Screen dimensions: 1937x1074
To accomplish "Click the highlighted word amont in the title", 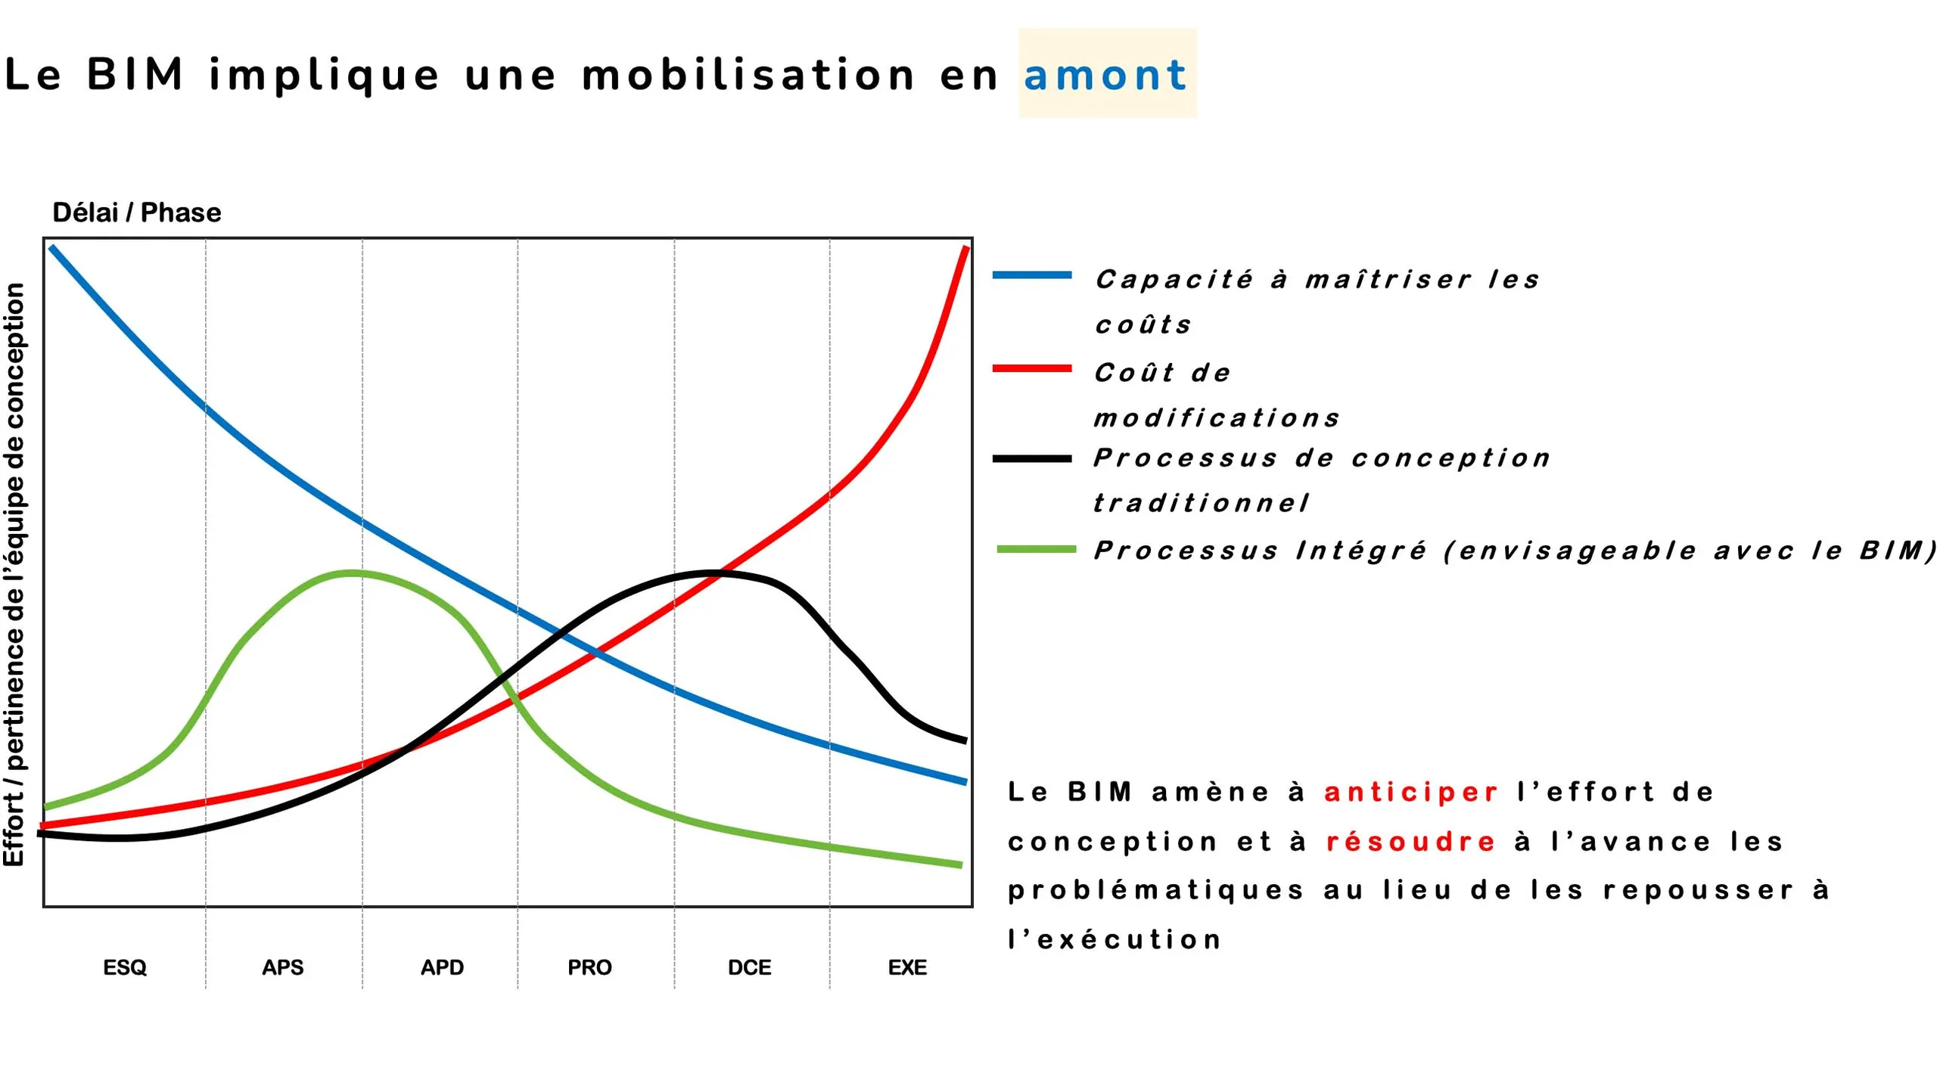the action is tap(1105, 76).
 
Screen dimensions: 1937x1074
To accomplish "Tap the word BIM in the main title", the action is tap(135, 75).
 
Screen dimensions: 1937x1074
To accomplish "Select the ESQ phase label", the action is tap(125, 967).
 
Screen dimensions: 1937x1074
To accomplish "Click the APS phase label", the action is tap(283, 967).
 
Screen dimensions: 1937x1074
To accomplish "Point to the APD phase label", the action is tap(442, 967).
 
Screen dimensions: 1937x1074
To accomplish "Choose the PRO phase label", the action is tap(589, 967).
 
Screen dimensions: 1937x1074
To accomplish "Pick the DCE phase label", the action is tap(749, 967).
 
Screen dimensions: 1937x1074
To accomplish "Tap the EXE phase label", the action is tap(907, 967).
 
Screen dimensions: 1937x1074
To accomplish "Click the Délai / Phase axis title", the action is tap(137, 213).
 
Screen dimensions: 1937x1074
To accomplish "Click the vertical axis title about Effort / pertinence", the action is tap(14, 575).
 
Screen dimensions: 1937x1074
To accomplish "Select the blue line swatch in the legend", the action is tap(1032, 275).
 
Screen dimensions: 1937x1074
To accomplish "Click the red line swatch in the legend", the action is tap(1032, 368).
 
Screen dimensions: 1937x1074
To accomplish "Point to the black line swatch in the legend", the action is tap(1032, 458).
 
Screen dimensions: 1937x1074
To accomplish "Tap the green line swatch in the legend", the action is tap(1036, 549).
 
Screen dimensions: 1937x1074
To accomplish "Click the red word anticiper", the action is tap(1411, 792).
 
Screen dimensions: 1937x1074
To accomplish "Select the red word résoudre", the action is tap(1411, 841).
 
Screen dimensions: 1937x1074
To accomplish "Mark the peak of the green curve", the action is tap(352, 573).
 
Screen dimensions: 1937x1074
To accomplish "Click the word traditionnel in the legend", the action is tap(1201, 503).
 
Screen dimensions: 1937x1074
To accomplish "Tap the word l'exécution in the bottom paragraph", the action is tap(1115, 939).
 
